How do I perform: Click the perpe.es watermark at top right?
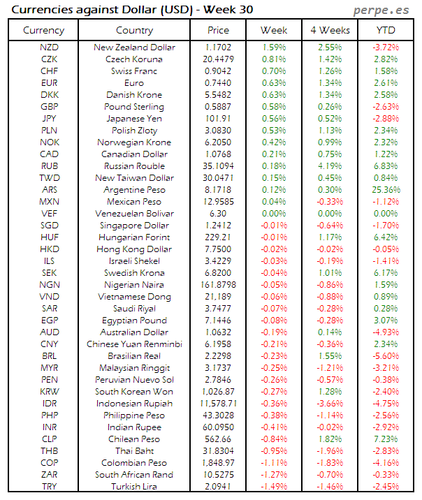381,10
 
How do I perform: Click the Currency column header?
43,30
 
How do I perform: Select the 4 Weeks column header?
329,30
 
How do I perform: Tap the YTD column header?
385,30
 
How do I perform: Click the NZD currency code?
50,47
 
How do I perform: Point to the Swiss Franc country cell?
134,71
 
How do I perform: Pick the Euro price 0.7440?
218,83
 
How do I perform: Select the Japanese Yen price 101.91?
218,119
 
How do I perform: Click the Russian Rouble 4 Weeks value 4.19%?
329,166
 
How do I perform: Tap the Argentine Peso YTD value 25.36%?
385,190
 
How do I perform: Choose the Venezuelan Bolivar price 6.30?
218,214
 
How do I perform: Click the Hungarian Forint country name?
134,237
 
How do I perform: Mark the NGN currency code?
50,285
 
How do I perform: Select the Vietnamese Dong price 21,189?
218,297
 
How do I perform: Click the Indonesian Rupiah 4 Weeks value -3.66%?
329,404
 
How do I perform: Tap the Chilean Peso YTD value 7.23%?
385,439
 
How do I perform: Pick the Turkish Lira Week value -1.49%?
273,487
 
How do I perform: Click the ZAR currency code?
50,475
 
